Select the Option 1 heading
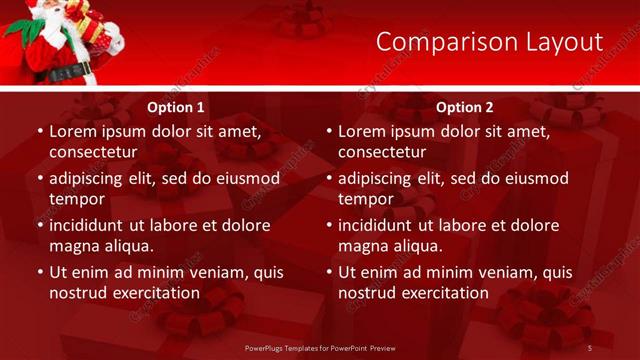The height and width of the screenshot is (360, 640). (176, 107)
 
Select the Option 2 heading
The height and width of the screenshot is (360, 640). (465, 107)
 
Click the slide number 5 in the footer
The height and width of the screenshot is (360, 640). (590, 347)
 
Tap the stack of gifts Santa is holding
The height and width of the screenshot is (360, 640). (96, 24)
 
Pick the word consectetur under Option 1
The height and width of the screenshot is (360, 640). (93, 152)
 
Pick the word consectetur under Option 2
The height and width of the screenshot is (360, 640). (382, 152)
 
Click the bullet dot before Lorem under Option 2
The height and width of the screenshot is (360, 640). (328, 132)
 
